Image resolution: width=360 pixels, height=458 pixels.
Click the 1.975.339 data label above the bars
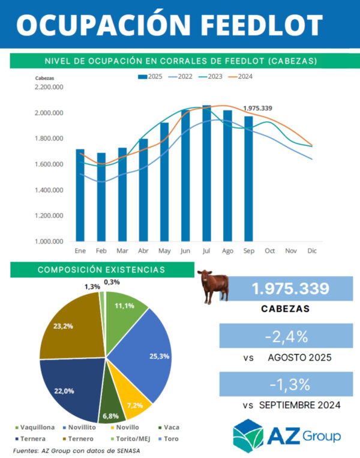pos(257,108)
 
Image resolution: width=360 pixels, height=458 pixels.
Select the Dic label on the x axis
pos(311,250)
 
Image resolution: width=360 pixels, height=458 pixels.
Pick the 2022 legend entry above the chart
pos(182,77)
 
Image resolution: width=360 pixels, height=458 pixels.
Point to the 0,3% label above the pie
pos(111,282)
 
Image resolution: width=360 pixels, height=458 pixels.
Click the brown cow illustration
pos(214,286)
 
